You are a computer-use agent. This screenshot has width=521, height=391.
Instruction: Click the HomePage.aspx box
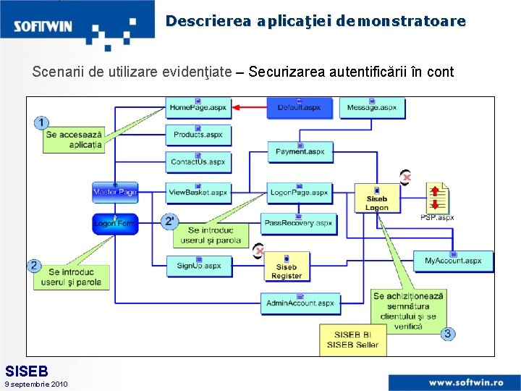[x=198, y=108]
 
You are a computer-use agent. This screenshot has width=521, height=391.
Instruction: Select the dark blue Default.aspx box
[x=299, y=108]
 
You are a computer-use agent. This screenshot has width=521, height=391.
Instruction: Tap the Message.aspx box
[x=372, y=108]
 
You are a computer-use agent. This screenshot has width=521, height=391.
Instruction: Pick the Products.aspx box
[x=198, y=135]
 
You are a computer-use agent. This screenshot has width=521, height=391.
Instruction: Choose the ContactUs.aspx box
[x=198, y=161]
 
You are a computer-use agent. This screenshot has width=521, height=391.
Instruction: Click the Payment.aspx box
[x=300, y=151]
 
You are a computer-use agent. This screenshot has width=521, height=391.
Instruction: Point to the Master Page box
[x=115, y=192]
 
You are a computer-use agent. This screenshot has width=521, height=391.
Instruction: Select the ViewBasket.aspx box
[x=198, y=192]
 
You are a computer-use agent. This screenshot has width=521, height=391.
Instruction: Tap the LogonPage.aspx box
[x=300, y=193]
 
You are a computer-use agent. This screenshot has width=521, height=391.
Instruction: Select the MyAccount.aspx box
[x=453, y=261]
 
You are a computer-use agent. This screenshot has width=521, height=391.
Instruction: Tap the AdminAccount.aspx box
[x=300, y=303]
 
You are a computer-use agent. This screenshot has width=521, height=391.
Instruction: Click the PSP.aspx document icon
[x=437, y=200]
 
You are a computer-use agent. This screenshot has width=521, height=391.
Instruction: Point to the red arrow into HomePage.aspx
[x=249, y=107]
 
